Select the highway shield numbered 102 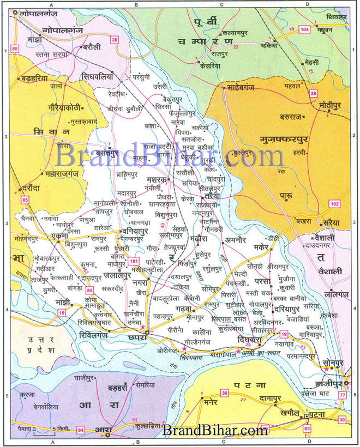click(x=350, y=204)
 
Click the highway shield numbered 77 click(x=342, y=394)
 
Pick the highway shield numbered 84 click(x=81, y=431)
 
